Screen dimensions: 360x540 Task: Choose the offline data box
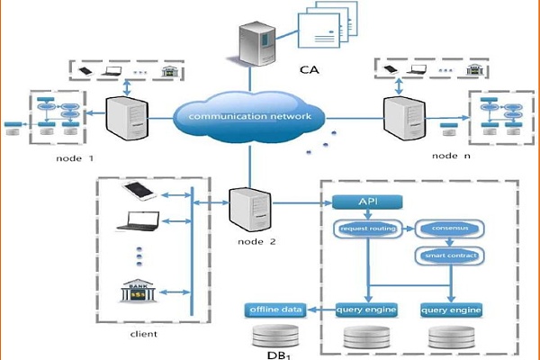point(274,310)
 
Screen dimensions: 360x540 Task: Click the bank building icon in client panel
point(139,296)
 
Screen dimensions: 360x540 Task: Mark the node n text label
point(450,154)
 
